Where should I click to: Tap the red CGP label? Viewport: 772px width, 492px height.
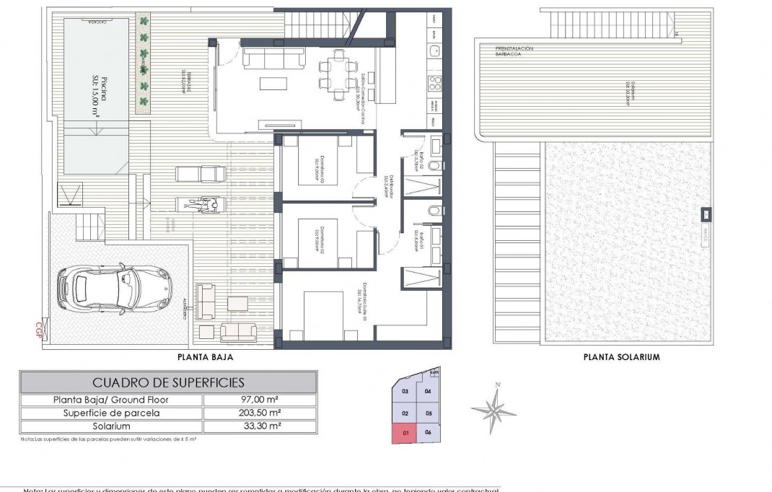pos(39,329)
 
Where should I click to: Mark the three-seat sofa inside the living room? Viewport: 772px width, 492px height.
pos(268,57)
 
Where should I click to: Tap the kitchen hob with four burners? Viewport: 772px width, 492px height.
pos(435,81)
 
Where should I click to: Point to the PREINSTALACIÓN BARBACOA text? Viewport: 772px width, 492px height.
pos(514,50)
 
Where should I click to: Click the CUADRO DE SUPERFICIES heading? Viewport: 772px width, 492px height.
pos(168,382)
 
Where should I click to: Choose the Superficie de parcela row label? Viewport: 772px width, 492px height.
pos(112,413)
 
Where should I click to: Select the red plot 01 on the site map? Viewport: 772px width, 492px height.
pos(405,433)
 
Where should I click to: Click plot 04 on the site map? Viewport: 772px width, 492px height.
pos(428,392)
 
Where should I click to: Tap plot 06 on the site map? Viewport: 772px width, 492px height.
pos(428,433)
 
